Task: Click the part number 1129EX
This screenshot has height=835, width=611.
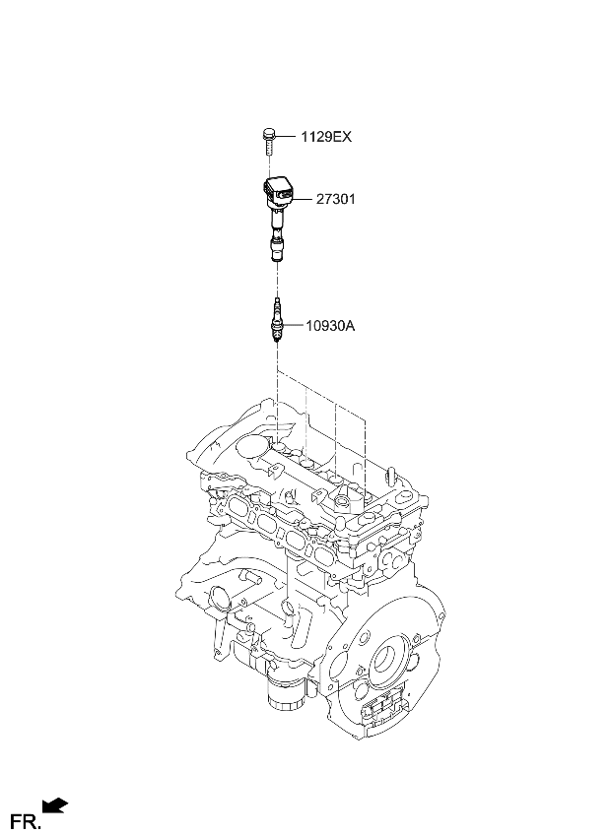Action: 326,137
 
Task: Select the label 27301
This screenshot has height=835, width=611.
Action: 335,199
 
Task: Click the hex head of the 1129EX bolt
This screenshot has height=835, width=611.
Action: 268,132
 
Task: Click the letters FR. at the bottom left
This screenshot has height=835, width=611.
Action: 26,819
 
